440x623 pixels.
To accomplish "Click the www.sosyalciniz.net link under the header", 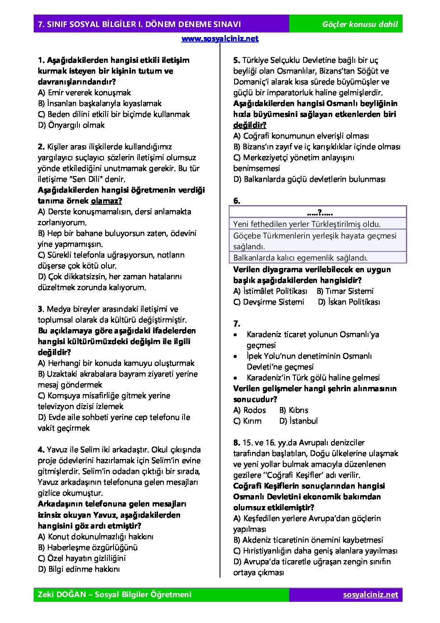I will coord(220,39).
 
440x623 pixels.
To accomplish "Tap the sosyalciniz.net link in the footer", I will coord(370,594).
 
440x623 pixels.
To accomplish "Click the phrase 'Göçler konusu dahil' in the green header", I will coord(360,24).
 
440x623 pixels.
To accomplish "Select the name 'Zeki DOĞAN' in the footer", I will coord(62,594).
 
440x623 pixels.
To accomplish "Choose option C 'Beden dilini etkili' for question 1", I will coord(114,114).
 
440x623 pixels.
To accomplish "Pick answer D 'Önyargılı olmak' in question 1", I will coord(71,125).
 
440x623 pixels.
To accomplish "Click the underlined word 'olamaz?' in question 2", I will coord(106,201).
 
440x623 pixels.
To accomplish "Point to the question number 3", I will coord(40,309).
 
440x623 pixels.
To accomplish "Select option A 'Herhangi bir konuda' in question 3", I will coord(116,363).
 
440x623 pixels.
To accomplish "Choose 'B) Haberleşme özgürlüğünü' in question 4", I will coord(88,548).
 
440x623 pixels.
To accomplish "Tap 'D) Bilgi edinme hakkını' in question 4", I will coord(79,569).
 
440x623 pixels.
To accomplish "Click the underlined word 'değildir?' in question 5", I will coord(250,125).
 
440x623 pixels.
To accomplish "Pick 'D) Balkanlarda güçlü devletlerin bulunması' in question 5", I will coord(309,179).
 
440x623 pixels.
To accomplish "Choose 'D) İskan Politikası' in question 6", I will coord(349,302).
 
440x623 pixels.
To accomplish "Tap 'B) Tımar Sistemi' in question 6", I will coord(345,291).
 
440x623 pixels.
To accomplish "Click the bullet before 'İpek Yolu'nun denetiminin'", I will coord(236,357).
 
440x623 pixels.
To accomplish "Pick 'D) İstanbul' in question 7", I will coord(298,421).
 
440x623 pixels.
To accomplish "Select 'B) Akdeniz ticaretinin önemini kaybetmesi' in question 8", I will coord(308,540).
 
